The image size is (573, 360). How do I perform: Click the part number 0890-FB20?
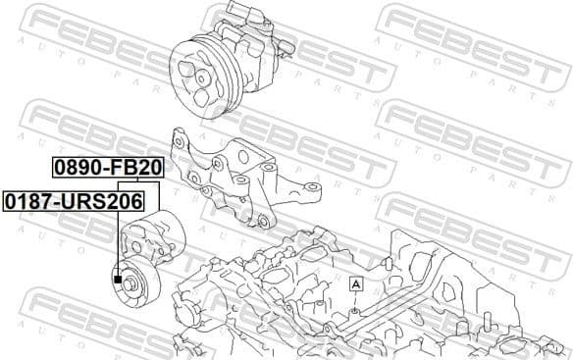coord(107,168)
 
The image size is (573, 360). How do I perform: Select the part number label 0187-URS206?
coord(73,201)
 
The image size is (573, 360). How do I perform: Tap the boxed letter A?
coord(355,283)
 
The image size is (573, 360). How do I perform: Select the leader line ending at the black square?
coord(117,245)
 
